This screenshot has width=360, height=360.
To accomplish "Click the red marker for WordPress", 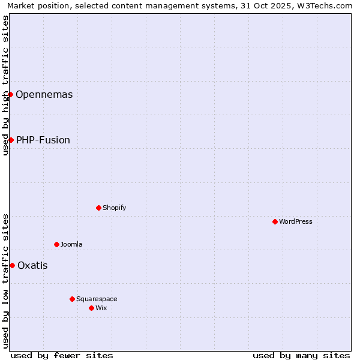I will tap(275, 221).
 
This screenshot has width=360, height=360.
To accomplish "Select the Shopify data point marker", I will tap(98, 208).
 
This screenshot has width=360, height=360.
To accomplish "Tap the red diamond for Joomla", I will tap(56, 244).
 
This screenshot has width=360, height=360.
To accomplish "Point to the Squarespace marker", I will tap(72, 299).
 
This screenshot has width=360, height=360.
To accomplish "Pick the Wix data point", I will tap(91, 308).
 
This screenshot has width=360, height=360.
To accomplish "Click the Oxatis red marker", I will tap(12, 265).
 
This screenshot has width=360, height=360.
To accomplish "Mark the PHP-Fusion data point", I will tap(11, 140).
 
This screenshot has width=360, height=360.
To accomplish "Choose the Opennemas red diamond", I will tap(10, 94).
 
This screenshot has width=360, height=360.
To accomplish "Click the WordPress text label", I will tap(296, 221).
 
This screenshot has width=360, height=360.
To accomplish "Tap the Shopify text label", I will tap(115, 208).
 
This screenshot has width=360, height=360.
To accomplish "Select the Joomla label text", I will tap(71, 244).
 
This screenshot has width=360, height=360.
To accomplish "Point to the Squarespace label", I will tap(97, 299).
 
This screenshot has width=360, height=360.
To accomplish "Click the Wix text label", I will tap(101, 308).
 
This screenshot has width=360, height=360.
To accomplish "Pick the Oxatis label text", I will tap(32, 265).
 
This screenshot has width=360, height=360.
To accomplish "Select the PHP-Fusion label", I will tap(43, 140).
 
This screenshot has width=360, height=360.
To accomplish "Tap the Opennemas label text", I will tap(44, 94).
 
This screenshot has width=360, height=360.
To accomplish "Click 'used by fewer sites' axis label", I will tap(62, 355).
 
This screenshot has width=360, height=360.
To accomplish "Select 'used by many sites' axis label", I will tap(301, 355).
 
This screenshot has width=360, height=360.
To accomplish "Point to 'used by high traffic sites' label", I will tap(5, 85).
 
